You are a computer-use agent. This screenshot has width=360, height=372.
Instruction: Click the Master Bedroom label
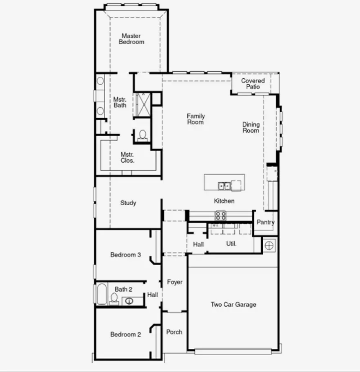coord(131,39)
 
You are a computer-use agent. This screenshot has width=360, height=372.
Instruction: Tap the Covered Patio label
coord(253,84)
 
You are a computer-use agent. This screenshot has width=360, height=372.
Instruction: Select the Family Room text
coord(196,119)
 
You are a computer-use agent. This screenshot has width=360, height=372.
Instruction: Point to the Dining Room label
coord(251,127)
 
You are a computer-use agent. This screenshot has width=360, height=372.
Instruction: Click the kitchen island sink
coord(224,186)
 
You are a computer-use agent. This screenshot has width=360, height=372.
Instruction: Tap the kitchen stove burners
coord(220,215)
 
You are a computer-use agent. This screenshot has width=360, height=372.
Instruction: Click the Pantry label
coord(265,222)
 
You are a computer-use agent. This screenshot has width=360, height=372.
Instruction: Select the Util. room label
coord(231,244)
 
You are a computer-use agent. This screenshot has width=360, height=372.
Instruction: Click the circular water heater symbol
coord(269,245)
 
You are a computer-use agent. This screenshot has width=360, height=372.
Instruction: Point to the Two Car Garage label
coord(233,304)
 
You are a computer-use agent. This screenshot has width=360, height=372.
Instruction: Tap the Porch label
coord(174,332)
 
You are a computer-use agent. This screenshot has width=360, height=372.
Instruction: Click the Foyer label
coord(175,282)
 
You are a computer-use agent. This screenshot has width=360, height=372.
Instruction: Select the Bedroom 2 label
coord(126,334)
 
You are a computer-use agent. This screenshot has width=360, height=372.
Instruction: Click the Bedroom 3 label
coord(126,255)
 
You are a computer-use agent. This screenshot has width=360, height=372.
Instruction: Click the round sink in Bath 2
coord(129,301)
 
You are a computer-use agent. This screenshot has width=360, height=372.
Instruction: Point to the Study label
coord(128,203)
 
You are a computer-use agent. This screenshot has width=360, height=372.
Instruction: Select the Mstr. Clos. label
coord(127,157)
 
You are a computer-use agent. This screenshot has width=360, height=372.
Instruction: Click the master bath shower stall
coord(143,105)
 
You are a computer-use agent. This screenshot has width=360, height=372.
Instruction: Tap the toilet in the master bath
coord(142,134)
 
